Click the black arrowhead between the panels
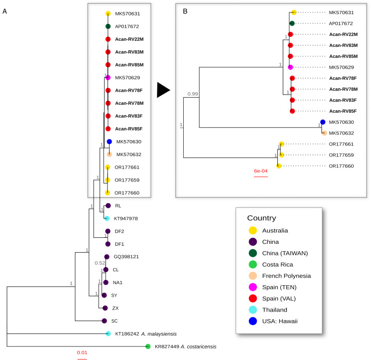(x=163, y=90)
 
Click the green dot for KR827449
(x=148, y=347)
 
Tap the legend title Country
(x=268, y=218)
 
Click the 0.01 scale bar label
(x=82, y=353)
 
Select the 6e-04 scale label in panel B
(x=261, y=171)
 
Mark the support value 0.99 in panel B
(x=192, y=93)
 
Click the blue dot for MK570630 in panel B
(x=323, y=122)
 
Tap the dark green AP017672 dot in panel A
(x=108, y=26)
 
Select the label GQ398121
(x=126, y=257)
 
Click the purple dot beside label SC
(x=104, y=321)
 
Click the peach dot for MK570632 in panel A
(x=109, y=155)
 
